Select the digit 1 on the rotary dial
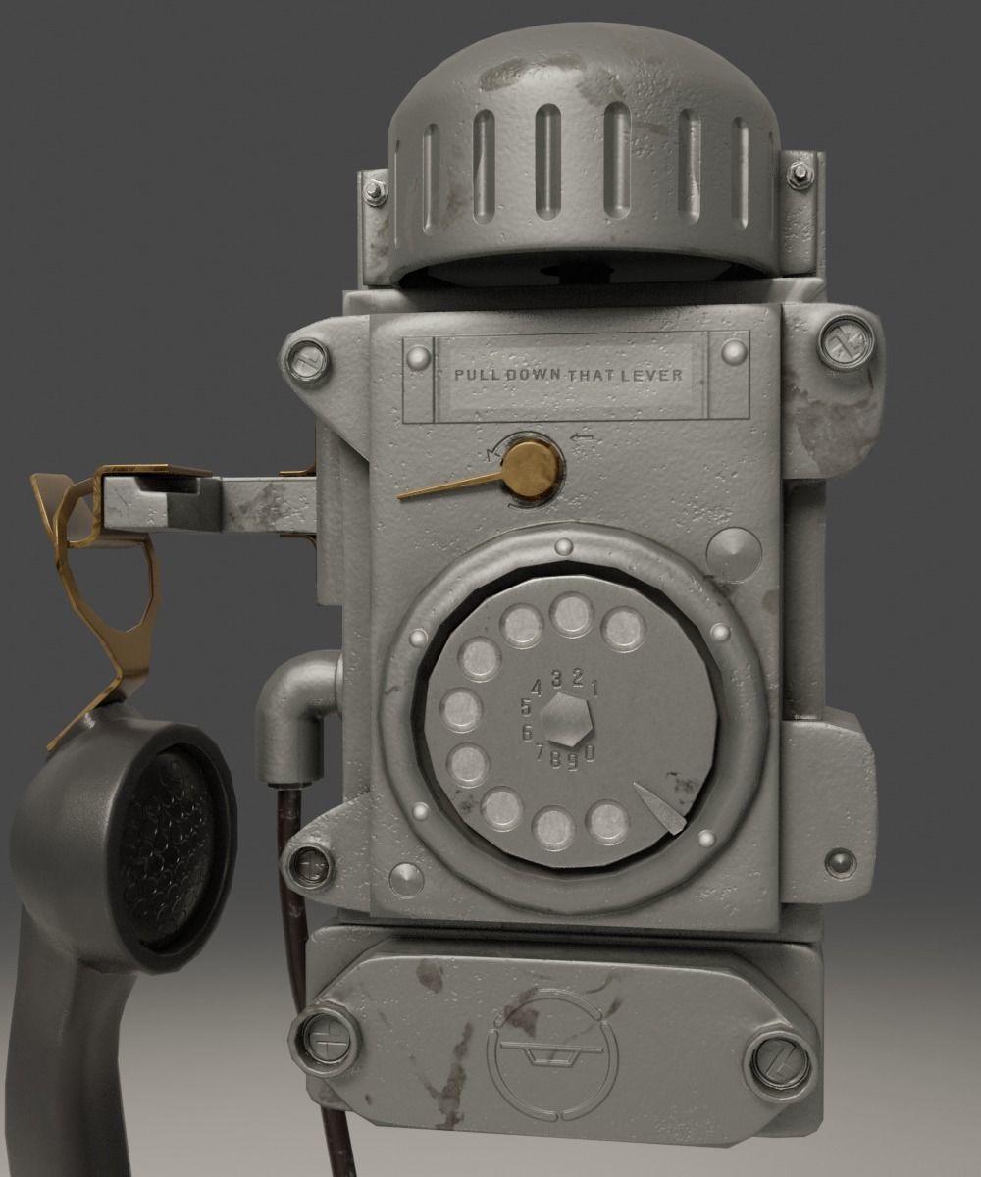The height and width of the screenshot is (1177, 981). (594, 688)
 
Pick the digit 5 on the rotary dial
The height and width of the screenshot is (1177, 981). (526, 707)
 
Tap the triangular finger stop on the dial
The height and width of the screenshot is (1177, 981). (658, 806)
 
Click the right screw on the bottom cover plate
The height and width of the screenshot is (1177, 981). (780, 1064)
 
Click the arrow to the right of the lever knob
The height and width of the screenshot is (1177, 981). (583, 438)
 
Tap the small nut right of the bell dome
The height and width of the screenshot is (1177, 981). (800, 175)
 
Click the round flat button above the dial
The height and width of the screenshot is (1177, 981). (733, 555)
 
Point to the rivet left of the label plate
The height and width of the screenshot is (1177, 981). (418, 355)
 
